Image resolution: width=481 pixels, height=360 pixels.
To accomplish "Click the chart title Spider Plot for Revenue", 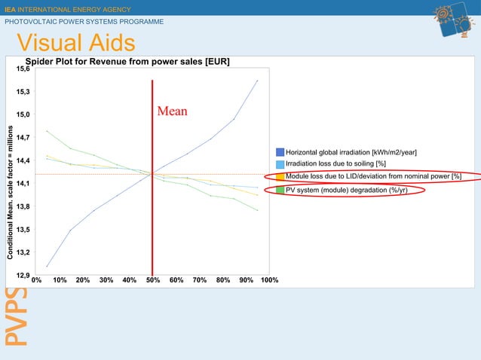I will point(128,61).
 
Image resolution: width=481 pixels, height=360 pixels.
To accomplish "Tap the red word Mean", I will point(172,111).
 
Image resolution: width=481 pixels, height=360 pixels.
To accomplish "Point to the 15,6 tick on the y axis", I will point(23,69).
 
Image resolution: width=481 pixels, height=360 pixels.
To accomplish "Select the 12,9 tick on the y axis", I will point(23,275).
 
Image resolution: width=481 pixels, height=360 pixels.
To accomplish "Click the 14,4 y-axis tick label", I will point(23,160).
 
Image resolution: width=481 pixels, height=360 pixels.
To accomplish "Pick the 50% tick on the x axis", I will point(152,280).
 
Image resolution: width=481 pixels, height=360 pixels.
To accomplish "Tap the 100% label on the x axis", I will point(269,280).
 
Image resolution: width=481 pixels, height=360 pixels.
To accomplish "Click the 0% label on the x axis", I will point(36,280).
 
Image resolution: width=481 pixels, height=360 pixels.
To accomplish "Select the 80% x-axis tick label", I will point(222,280).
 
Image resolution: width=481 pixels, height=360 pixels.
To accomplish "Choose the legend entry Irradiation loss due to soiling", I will point(335,164).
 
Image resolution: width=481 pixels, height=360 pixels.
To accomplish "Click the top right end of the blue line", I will point(258,80).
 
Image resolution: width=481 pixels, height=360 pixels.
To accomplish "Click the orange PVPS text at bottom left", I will point(13,325).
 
